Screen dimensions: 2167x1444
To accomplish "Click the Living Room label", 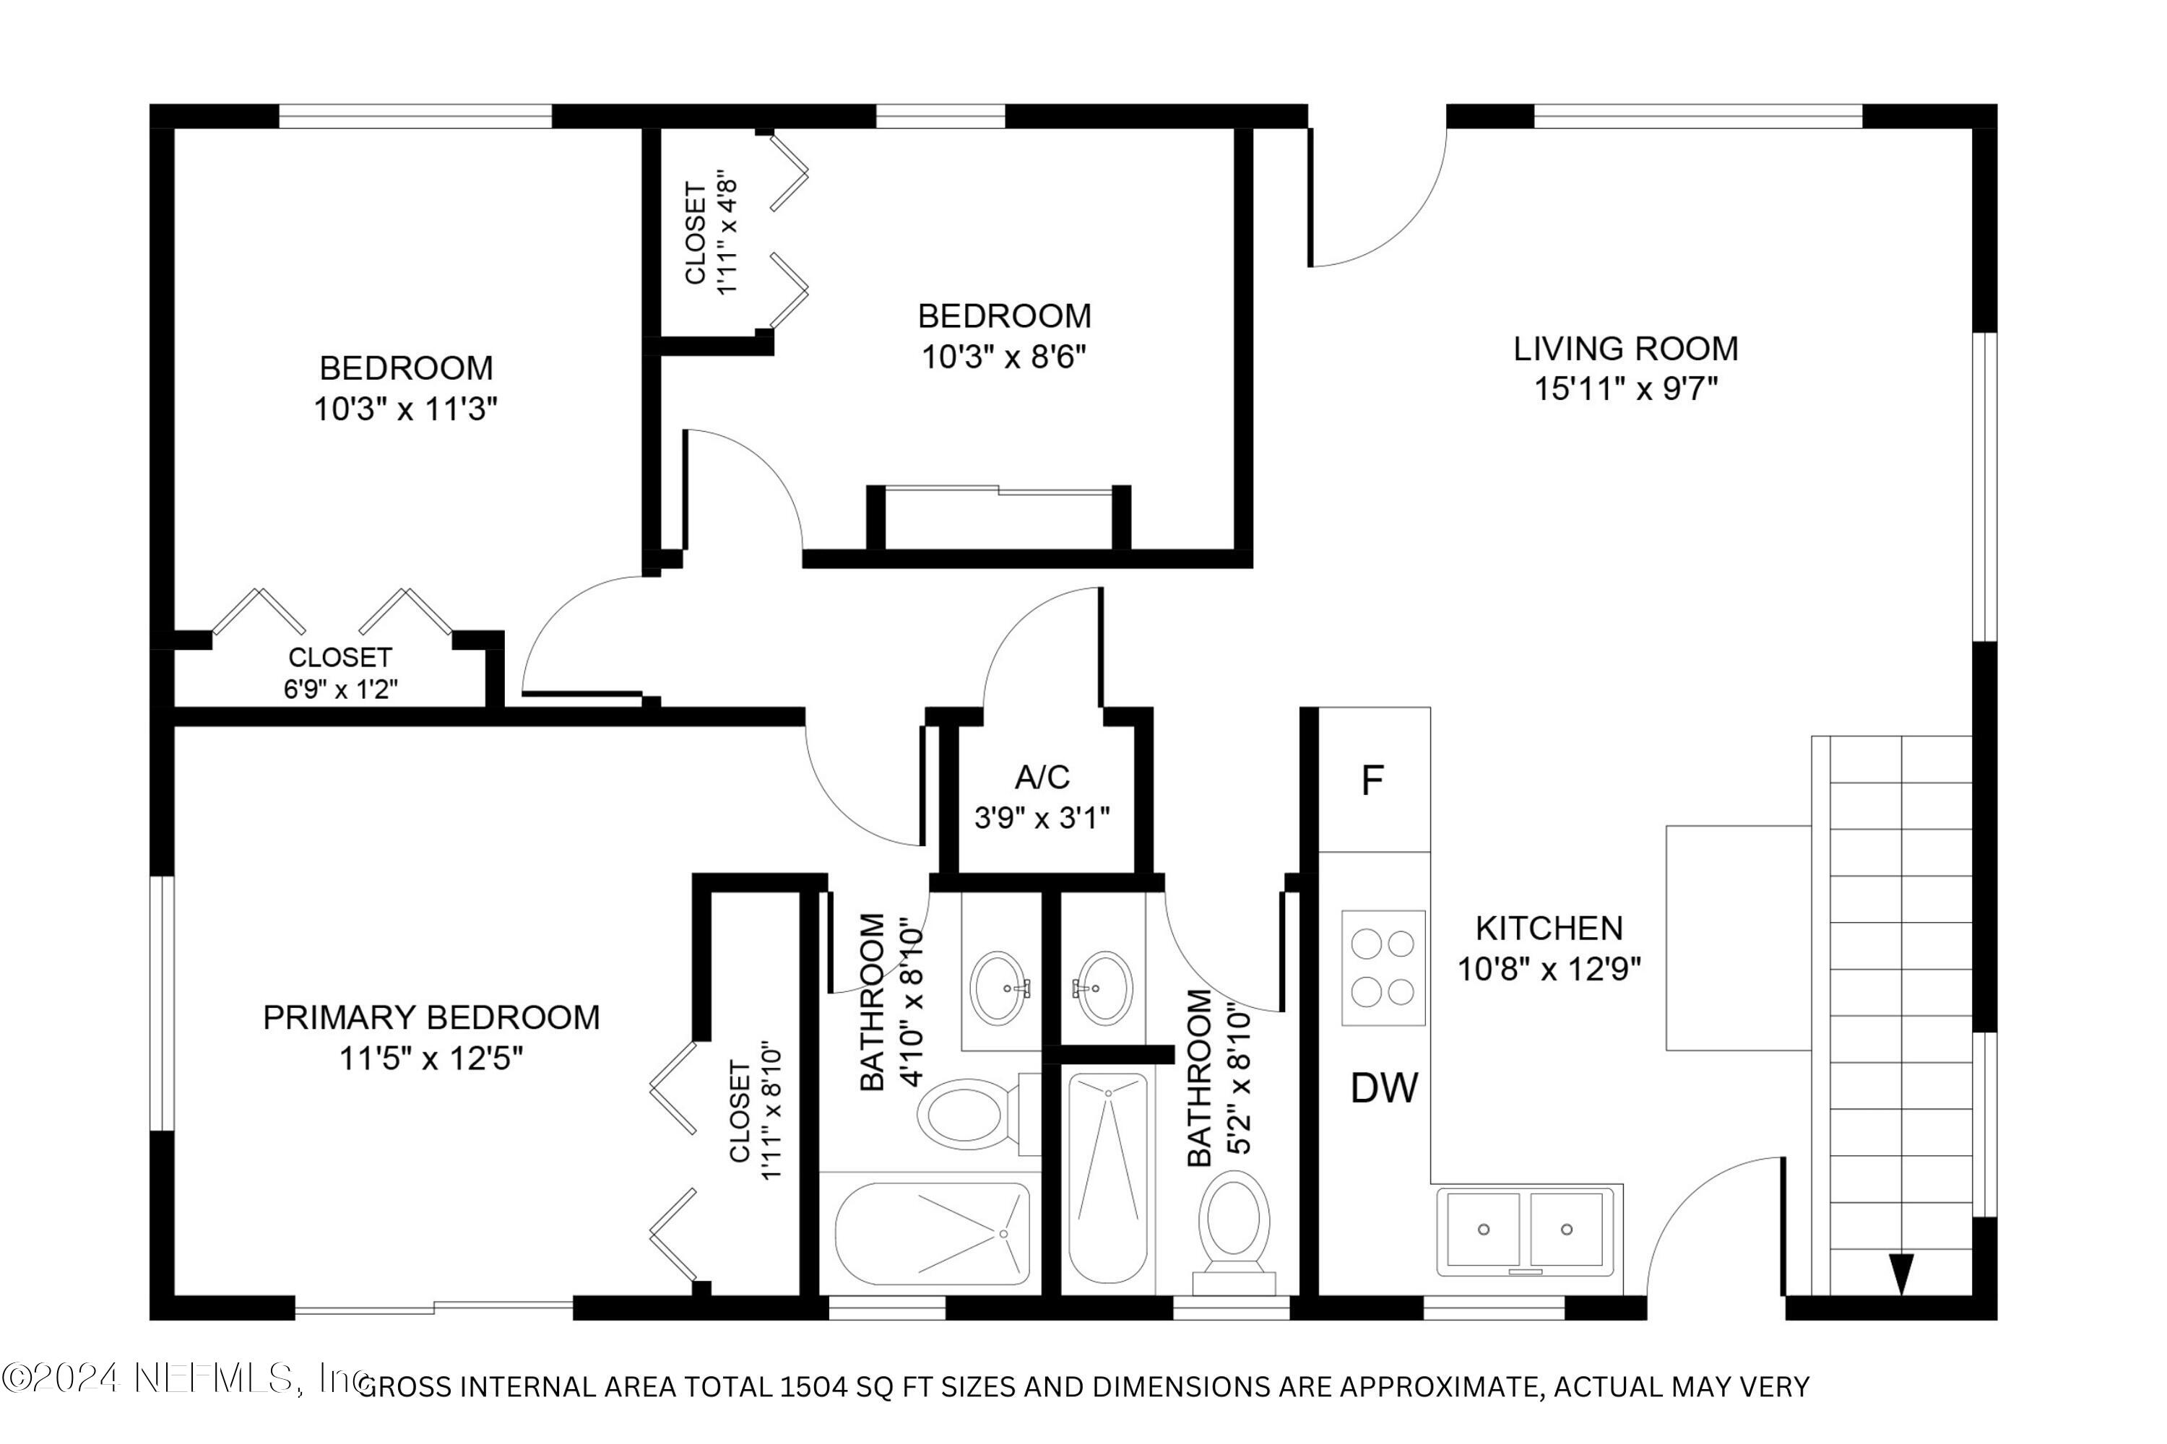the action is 1625,349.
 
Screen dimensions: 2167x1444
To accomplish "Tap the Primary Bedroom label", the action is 431,1017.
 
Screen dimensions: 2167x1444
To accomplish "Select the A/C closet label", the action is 1042,778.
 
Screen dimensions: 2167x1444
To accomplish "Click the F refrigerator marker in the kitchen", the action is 1372,781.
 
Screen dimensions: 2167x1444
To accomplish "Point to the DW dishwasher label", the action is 1384,1089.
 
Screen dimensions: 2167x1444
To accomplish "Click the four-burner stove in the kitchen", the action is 1383,968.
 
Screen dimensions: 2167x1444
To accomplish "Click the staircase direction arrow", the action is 1900,1274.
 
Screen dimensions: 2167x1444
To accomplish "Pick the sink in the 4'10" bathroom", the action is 1000,988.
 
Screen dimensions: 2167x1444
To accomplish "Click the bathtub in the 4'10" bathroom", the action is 933,1233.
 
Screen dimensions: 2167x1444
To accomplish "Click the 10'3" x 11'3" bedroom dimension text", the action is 405,409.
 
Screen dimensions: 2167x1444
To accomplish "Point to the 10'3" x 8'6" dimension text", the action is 1004,357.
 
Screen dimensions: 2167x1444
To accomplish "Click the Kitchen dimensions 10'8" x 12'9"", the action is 1549,969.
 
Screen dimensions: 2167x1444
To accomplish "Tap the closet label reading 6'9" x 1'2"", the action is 341,689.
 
